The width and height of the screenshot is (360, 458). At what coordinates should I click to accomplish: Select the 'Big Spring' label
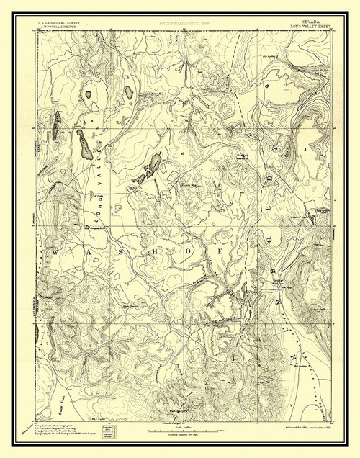click(271, 52)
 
